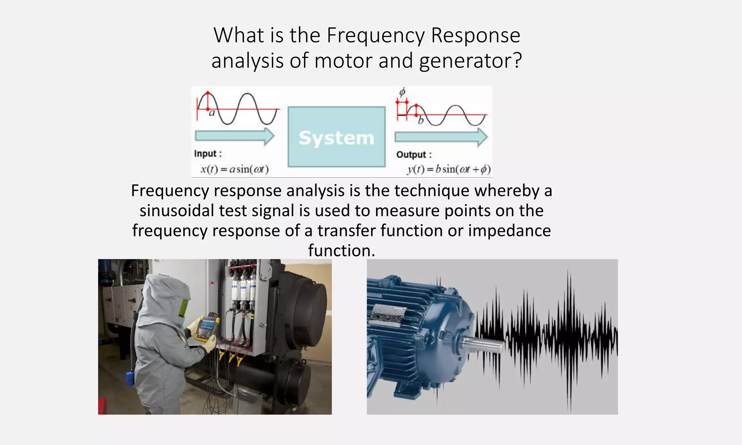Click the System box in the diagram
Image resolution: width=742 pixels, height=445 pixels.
(336, 137)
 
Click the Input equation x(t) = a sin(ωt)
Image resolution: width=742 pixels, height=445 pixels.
(235, 169)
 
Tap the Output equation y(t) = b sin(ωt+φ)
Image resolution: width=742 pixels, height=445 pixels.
(449, 169)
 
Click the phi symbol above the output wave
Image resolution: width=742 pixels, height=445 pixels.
(402, 92)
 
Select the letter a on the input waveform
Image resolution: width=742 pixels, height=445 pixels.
(212, 113)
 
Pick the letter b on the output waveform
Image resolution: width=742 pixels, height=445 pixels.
(421, 120)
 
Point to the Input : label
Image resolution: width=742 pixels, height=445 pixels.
(208, 154)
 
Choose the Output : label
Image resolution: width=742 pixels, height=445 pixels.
(414, 155)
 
